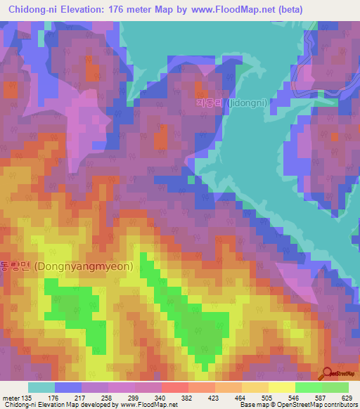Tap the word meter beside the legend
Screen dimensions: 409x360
click(x=11, y=397)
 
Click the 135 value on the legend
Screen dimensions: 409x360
click(x=25, y=397)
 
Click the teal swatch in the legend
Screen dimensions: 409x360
click(x=41, y=387)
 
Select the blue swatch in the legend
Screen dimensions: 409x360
click(x=67, y=387)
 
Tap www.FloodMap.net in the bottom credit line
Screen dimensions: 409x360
click(x=148, y=405)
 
